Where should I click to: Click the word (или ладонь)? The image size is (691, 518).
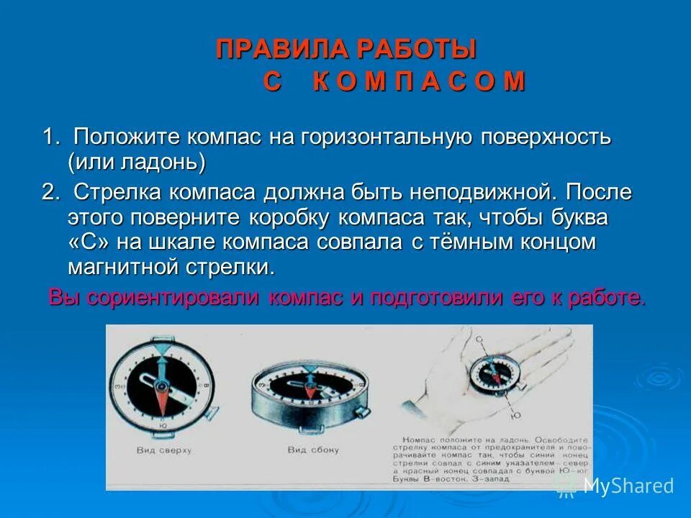[x=137, y=162]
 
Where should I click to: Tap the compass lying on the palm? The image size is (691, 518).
[x=492, y=376]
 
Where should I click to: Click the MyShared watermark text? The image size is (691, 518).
[x=628, y=486]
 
